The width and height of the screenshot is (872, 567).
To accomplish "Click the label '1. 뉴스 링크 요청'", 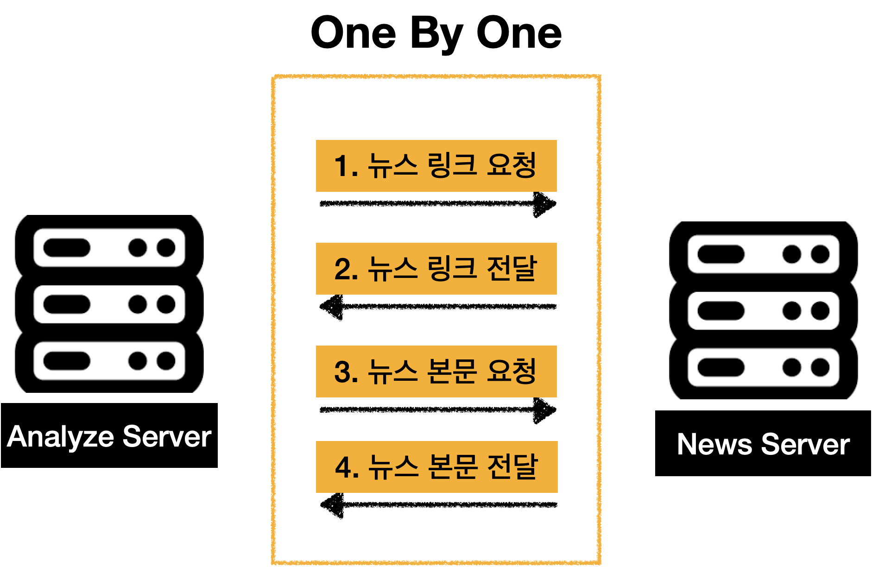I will coord(436,165).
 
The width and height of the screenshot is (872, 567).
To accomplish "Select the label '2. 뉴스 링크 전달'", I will coord(436,269).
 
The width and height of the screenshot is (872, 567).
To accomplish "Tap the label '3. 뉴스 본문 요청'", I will coord(436,372).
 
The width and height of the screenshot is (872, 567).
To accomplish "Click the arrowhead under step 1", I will coord(544,204).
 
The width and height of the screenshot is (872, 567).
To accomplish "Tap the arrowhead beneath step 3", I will coord(544,410).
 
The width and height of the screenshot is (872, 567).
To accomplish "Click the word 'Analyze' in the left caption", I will coord(60,437).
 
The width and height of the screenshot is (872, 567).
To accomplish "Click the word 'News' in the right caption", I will coord(714,445).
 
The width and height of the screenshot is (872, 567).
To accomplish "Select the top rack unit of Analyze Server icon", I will coord(109,247).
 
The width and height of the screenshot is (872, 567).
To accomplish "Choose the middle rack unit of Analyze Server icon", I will coord(109,304).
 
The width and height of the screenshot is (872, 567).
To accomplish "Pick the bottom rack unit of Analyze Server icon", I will coord(109,361).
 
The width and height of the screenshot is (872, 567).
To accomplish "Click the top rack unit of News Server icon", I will coord(763,254).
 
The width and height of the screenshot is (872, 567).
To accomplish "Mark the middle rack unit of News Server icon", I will coord(763,311).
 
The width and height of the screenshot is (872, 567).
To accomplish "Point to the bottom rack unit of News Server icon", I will coord(763,367).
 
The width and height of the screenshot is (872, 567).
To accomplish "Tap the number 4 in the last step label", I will coord(343,467).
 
